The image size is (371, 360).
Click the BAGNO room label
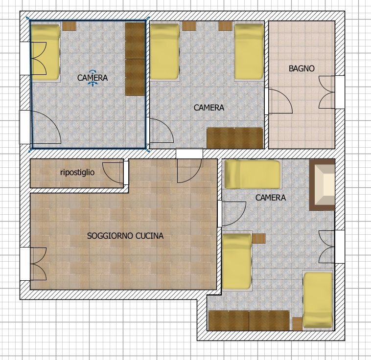pos(301,69)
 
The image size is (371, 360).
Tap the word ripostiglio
pos(77,172)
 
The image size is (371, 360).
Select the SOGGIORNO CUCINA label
pos(125,236)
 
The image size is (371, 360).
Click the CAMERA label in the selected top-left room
pos(92,77)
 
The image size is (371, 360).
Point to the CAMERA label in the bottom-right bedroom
pos(271,198)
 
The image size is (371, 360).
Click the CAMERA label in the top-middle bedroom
pos(209,108)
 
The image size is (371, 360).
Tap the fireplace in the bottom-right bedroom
pos(323,185)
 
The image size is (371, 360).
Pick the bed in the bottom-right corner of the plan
pos(318,300)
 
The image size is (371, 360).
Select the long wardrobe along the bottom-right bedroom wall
pos(249,321)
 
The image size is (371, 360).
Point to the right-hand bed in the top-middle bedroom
pos(249,52)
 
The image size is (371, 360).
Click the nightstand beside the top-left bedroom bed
pos(70,26)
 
